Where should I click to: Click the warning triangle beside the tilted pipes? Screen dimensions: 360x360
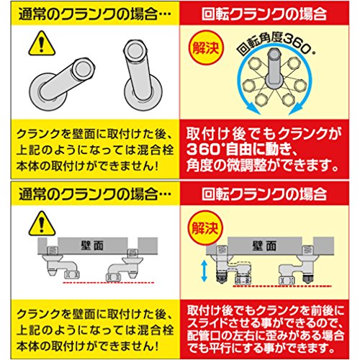pos(42,45)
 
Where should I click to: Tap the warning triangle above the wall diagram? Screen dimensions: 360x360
pos(42,224)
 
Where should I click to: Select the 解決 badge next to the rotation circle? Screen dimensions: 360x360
pos(206,48)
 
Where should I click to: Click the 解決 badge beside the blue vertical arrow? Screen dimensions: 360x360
pos(206,227)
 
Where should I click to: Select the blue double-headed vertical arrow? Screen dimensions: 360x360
pos(204,271)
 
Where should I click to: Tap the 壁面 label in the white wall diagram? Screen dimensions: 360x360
pos(92,246)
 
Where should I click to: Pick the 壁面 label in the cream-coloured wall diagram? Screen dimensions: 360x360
pos(264,246)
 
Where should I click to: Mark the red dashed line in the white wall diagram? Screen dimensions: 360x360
pos(108,283)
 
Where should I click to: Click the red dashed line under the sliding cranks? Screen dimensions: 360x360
pos(282,286)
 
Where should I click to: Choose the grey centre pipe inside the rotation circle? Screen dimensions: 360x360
pos(274,68)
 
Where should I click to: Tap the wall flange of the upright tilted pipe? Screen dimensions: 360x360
pos(143,93)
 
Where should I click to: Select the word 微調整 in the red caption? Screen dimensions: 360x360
pos(247,166)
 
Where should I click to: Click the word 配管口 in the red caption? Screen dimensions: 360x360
pos(207,336)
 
